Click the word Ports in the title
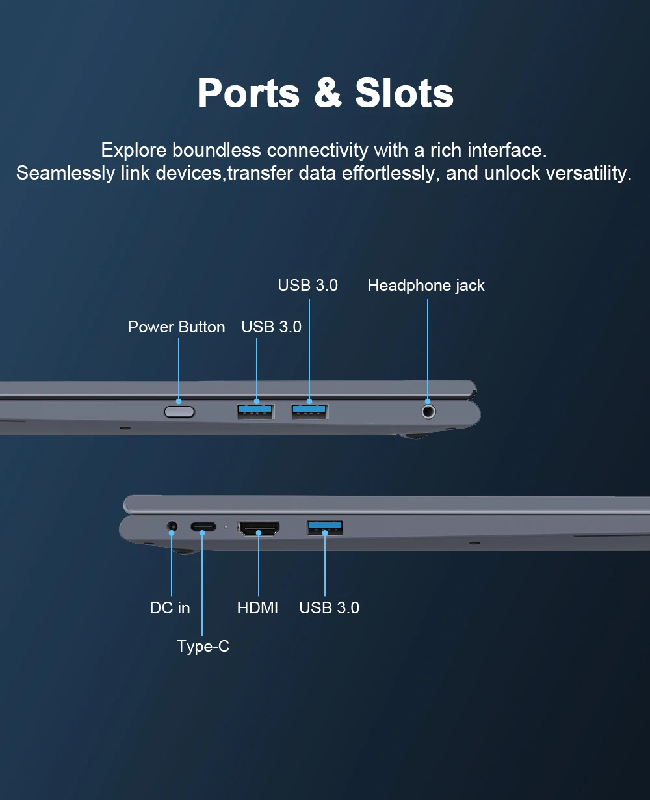pyautogui.click(x=248, y=93)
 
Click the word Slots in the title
pyautogui.click(x=404, y=93)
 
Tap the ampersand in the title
pyautogui.click(x=328, y=93)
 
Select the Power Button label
pyautogui.click(x=176, y=327)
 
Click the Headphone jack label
pyautogui.click(x=426, y=286)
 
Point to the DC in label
pyautogui.click(x=170, y=607)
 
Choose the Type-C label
pyautogui.click(x=203, y=647)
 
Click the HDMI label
pyautogui.click(x=257, y=607)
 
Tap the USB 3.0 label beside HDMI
pyautogui.click(x=329, y=607)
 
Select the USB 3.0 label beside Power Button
pyautogui.click(x=271, y=327)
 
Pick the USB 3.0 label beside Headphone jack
pyautogui.click(x=307, y=286)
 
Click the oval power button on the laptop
pyautogui.click(x=179, y=412)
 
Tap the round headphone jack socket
pyautogui.click(x=428, y=412)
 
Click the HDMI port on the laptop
pyautogui.click(x=258, y=528)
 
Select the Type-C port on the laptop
pyautogui.click(x=203, y=527)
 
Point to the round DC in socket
pyautogui.click(x=172, y=527)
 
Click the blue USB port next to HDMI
pyautogui.click(x=324, y=527)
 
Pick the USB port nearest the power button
pyautogui.click(x=255, y=412)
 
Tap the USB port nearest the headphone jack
pyautogui.click(x=309, y=412)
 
